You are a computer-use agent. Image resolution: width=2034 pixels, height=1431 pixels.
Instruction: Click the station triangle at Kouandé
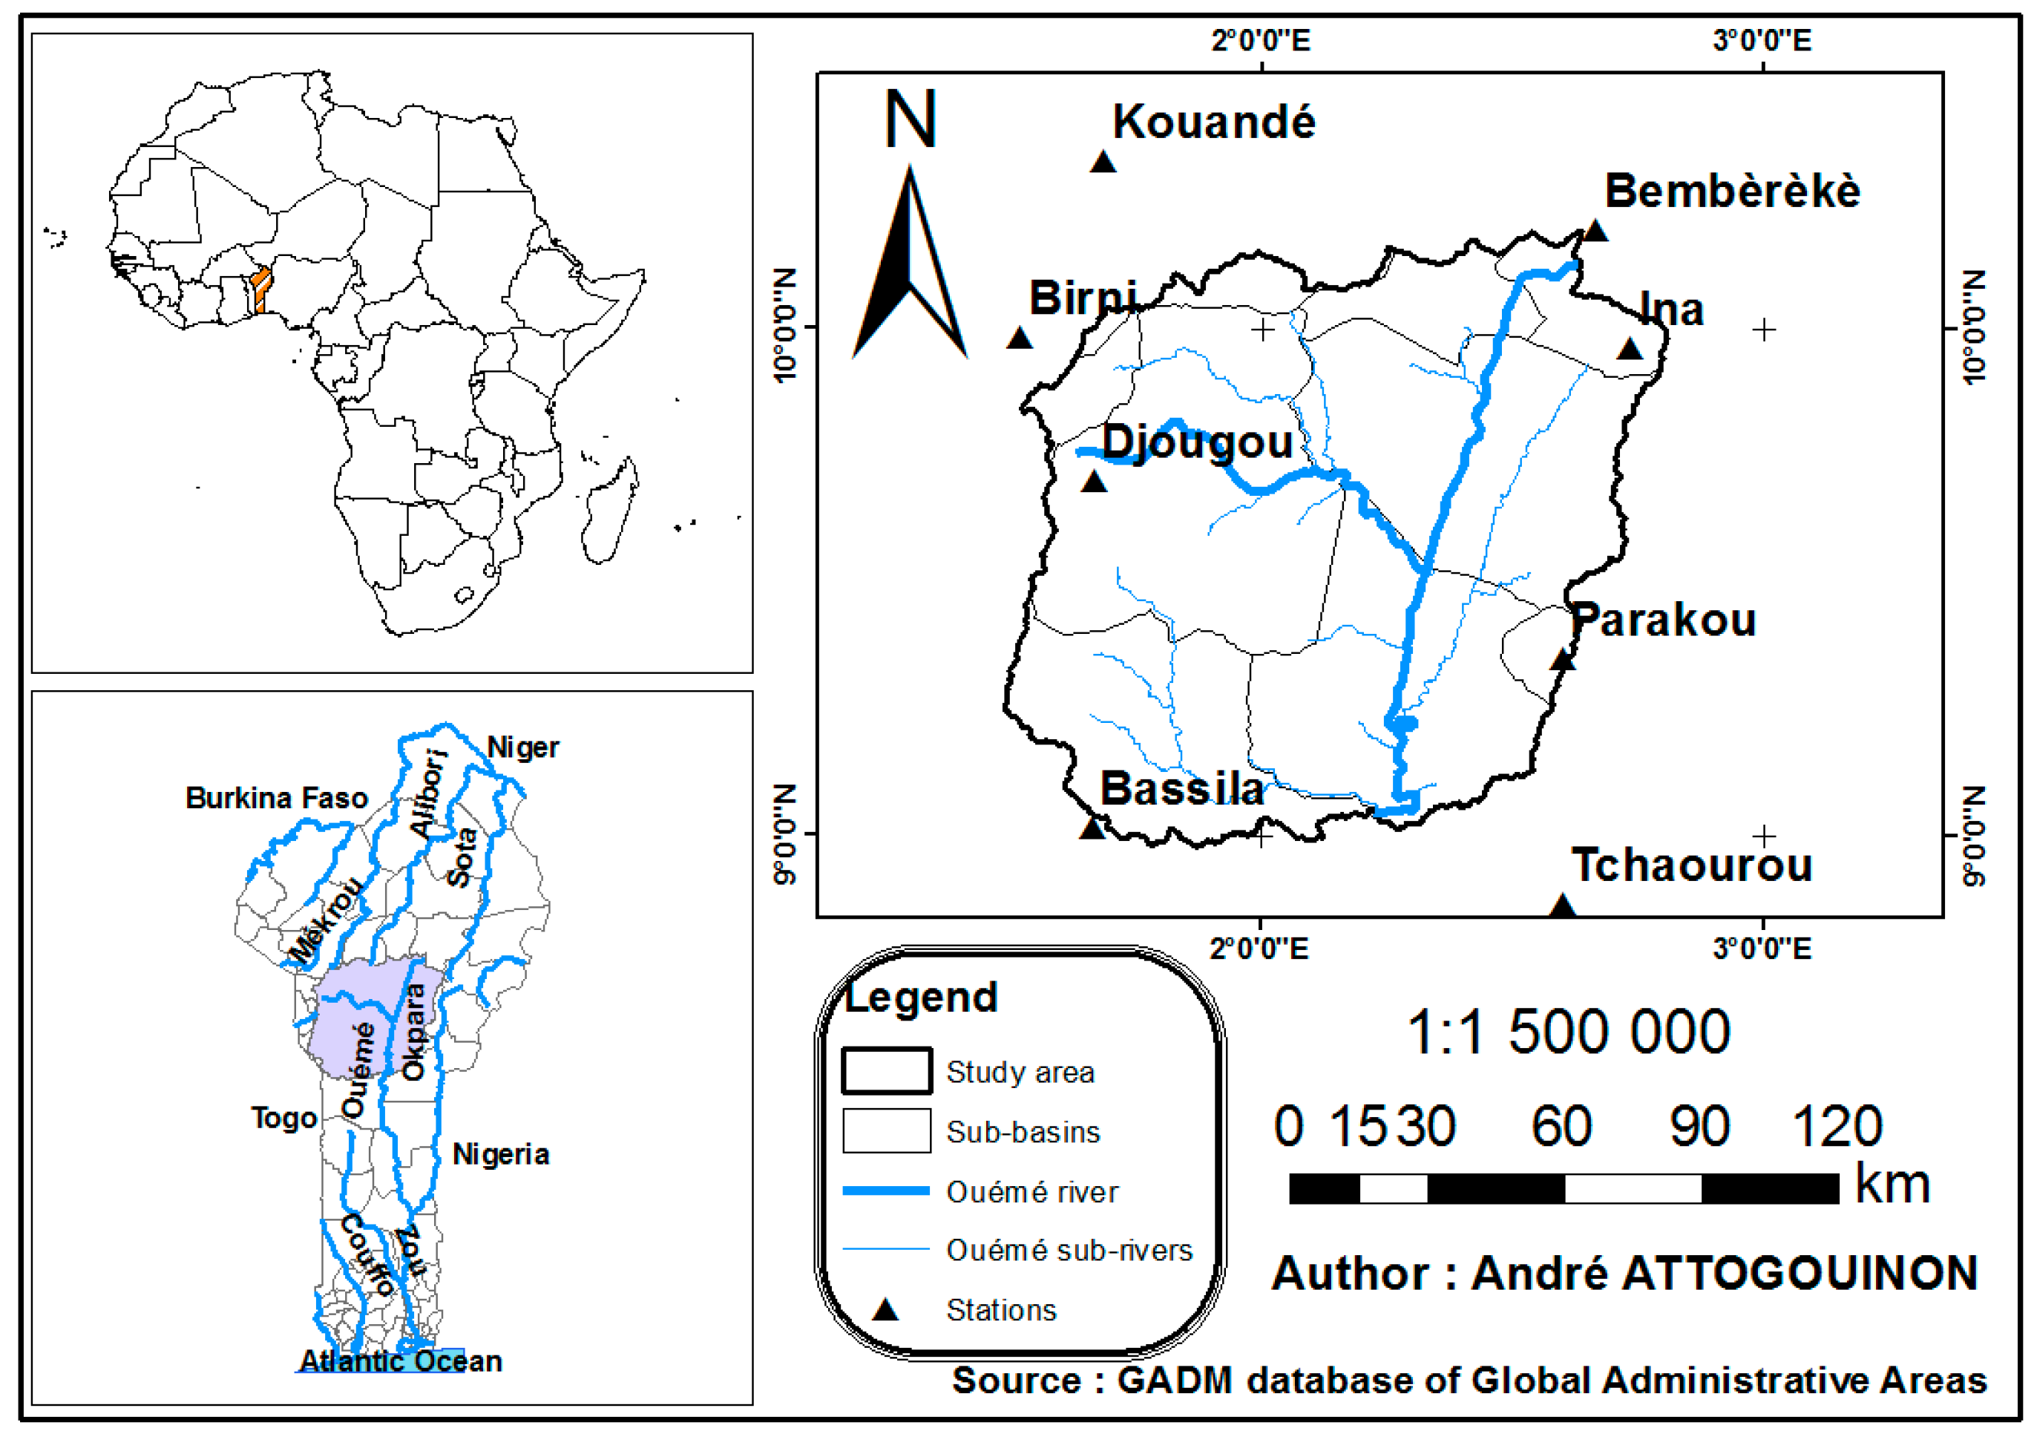[1103, 162]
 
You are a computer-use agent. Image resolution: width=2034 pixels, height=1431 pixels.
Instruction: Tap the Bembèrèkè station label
[1732, 191]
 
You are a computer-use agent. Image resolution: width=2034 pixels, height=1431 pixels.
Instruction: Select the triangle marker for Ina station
[1629, 349]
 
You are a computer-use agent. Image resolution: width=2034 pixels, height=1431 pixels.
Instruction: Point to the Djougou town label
[1197, 442]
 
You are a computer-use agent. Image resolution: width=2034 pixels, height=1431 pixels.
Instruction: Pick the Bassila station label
[1182, 788]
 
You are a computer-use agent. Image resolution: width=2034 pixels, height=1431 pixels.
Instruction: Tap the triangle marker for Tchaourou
[1563, 906]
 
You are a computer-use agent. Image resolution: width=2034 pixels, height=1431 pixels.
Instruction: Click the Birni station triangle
[1020, 338]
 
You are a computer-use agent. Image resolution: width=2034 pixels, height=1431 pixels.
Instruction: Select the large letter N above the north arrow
[910, 119]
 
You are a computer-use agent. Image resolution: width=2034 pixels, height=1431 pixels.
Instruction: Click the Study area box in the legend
[886, 1071]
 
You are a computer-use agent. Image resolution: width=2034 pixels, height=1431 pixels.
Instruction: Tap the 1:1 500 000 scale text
[1568, 1032]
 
